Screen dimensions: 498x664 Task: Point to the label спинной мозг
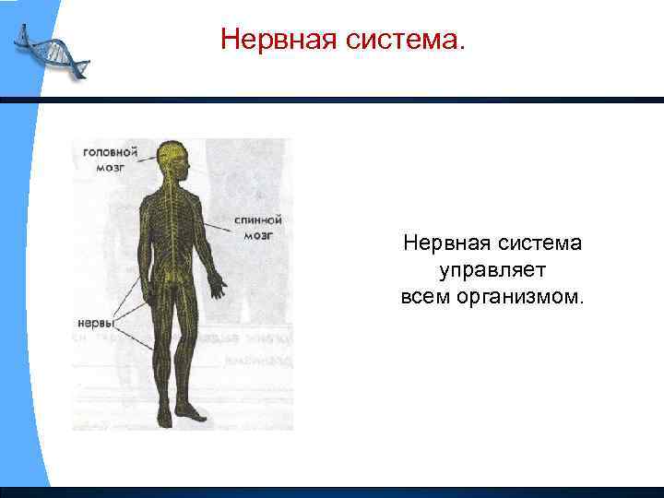[x=258, y=228]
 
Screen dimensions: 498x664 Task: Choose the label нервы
[x=95, y=324]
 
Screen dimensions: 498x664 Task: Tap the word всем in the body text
[x=423, y=298]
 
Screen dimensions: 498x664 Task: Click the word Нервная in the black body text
[x=443, y=243]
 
